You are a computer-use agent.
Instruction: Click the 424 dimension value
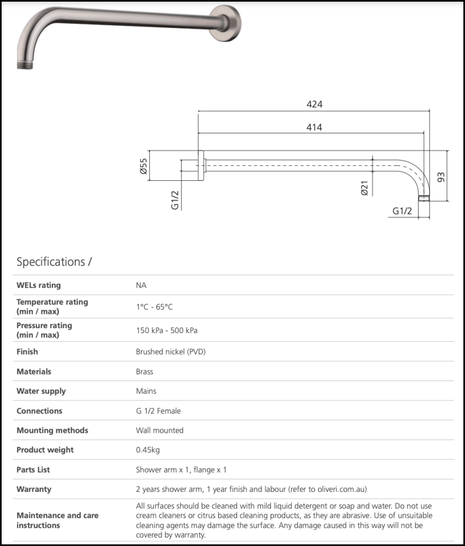[315, 104]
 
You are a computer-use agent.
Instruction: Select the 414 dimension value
[314, 127]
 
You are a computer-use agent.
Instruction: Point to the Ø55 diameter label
[143, 166]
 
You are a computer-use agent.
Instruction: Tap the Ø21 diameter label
[364, 188]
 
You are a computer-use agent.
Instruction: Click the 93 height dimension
[441, 176]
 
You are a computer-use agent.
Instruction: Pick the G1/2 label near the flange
[176, 200]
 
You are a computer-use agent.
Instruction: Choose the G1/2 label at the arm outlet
[401, 211]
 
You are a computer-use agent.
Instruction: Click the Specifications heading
[54, 262]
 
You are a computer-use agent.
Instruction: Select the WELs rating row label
[39, 285]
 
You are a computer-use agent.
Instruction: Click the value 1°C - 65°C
[154, 307]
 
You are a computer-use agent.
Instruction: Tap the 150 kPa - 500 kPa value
[166, 330]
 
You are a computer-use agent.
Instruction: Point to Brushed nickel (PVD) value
[171, 352]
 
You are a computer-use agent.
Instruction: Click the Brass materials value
[144, 371]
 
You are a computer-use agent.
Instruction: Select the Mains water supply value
[146, 391]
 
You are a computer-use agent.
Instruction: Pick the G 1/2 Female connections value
[158, 411]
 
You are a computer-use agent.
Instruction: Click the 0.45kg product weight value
[148, 450]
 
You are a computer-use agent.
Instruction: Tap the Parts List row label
[33, 470]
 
